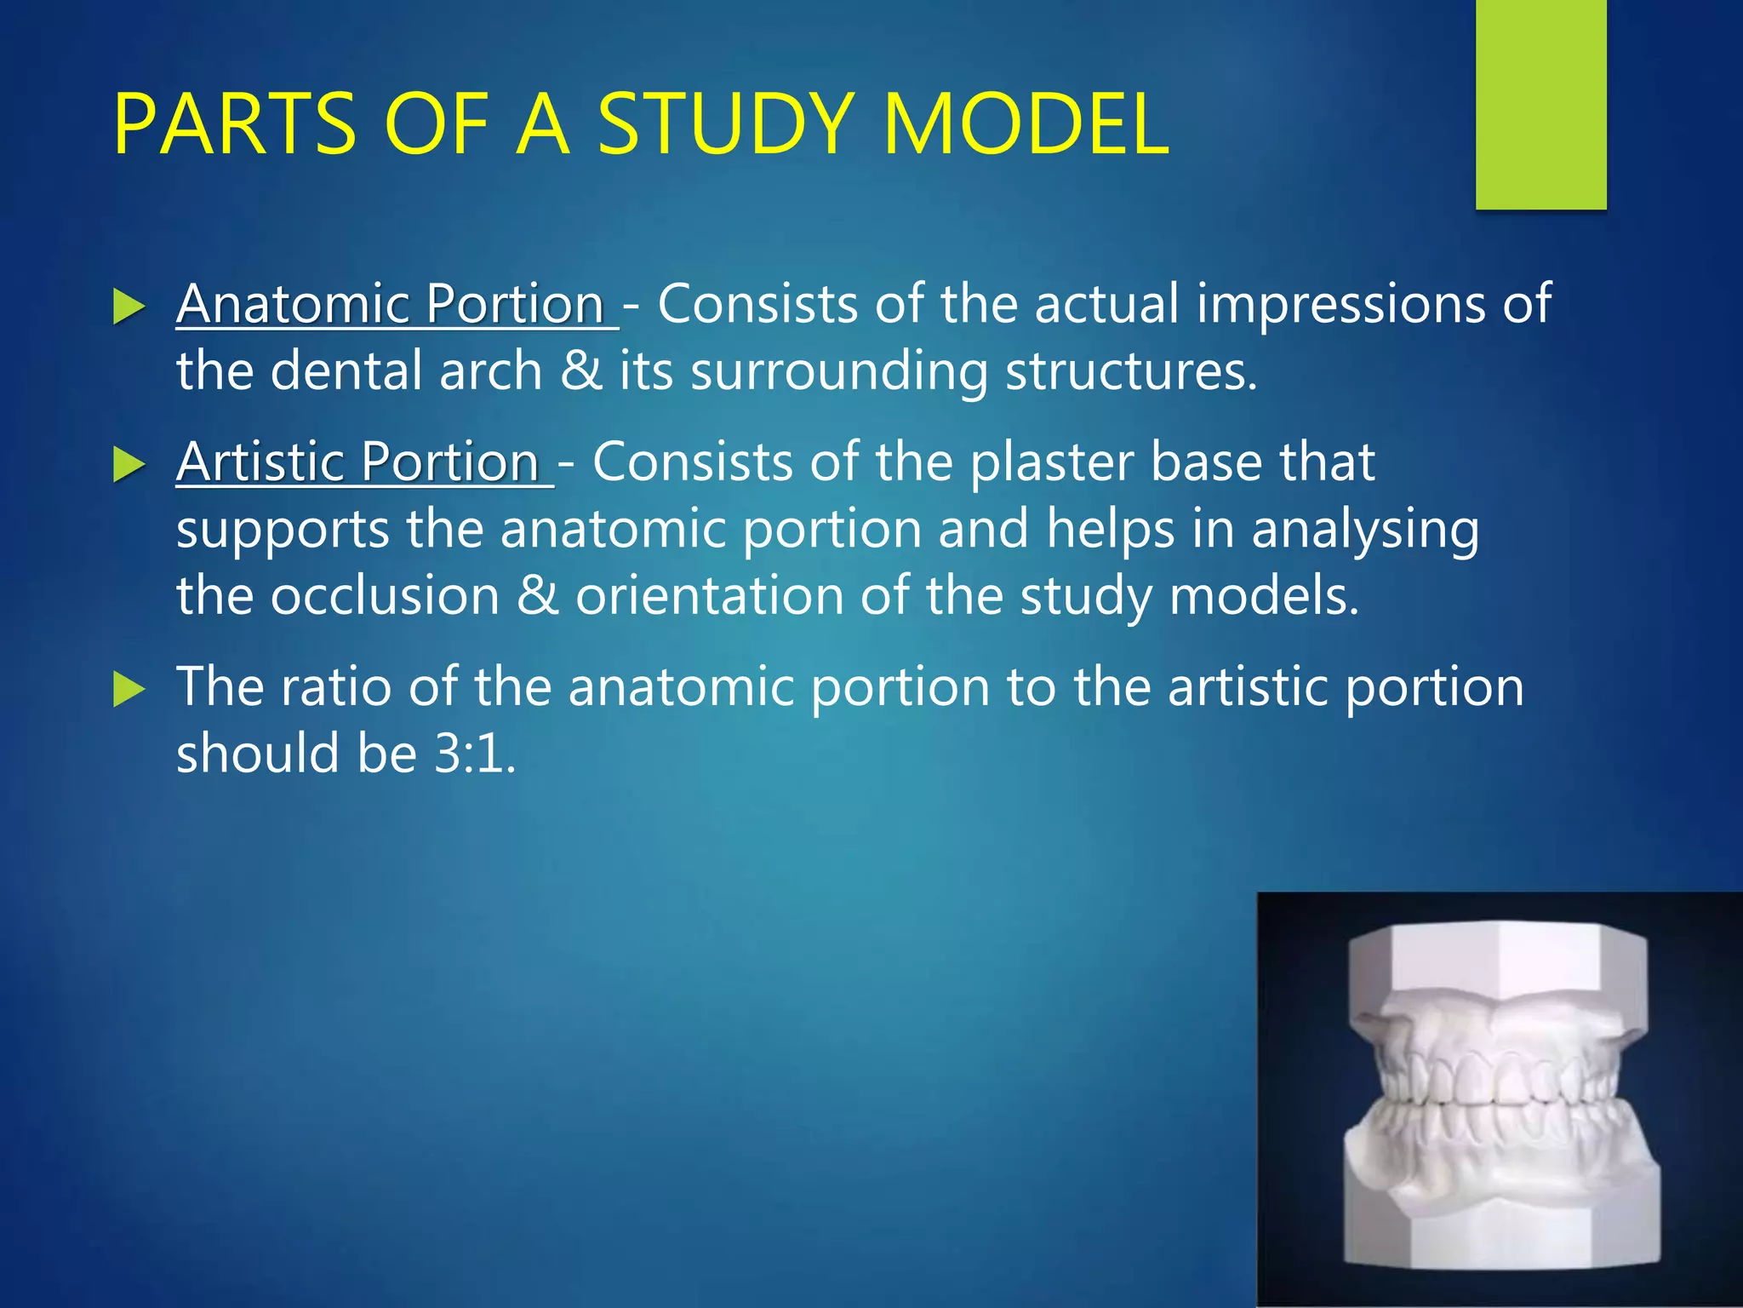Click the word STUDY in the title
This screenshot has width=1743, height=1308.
(724, 125)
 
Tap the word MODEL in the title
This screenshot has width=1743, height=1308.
(1026, 125)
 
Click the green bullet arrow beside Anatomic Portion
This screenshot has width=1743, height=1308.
(129, 307)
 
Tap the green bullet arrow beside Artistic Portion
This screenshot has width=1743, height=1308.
(129, 465)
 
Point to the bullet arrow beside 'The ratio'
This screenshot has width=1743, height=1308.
(129, 689)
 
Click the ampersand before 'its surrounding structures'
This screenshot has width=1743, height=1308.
(581, 371)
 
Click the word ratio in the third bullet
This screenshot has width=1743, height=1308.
(335, 687)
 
